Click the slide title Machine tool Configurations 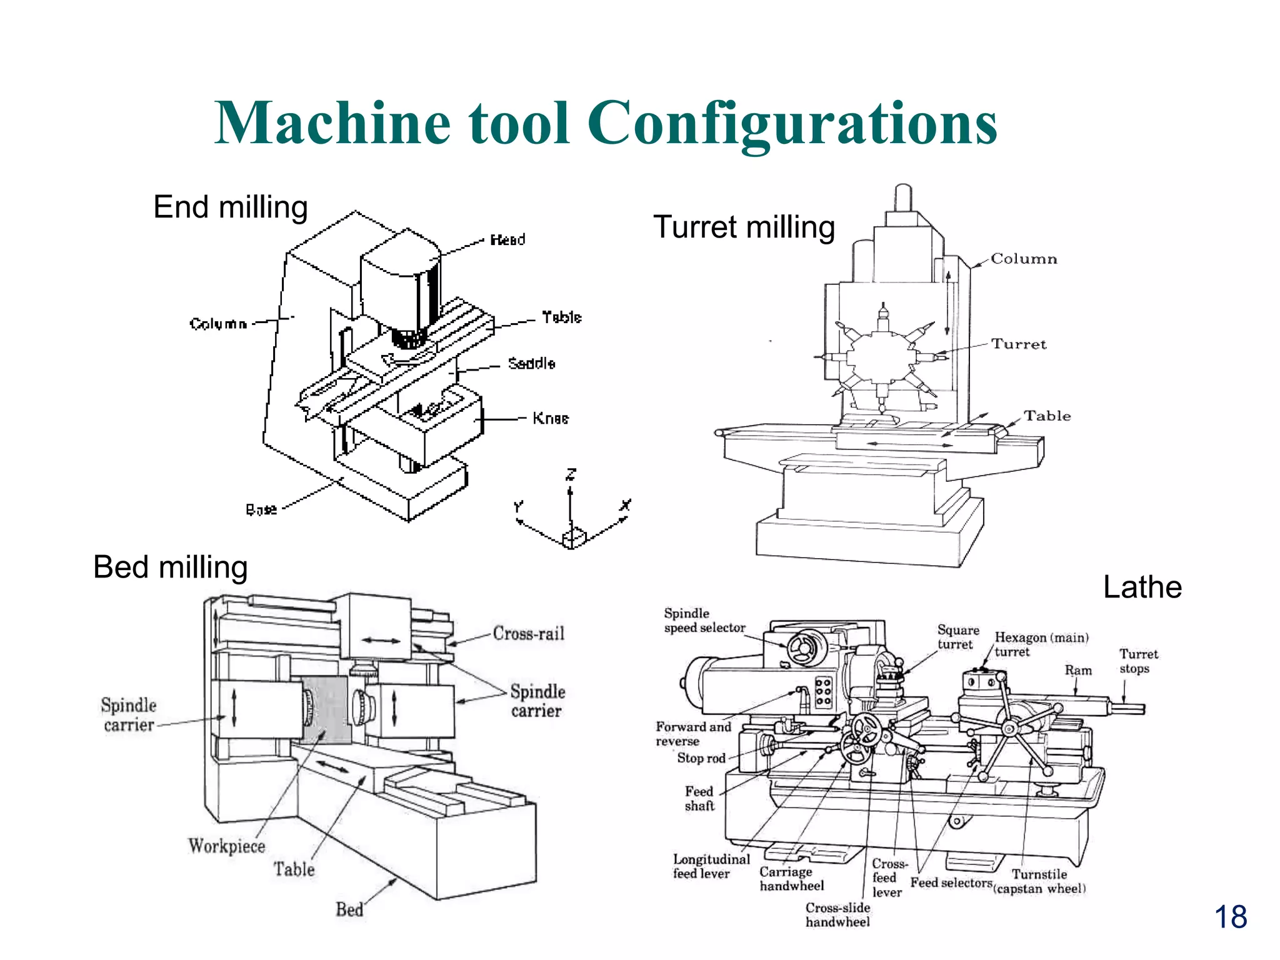(605, 123)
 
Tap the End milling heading (231, 207)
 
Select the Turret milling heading (744, 227)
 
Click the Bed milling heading (171, 567)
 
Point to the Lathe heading (1142, 587)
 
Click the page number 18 (1230, 917)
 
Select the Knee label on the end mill (550, 418)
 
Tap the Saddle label (531, 363)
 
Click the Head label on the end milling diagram (507, 239)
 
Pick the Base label (261, 509)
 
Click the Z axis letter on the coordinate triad (571, 475)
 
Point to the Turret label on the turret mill (1018, 344)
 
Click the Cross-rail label (528, 633)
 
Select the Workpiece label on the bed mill (227, 846)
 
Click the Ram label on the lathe (1078, 670)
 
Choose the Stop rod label (701, 758)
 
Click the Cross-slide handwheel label (837, 914)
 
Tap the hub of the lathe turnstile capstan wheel (1009, 729)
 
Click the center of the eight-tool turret (882, 357)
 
